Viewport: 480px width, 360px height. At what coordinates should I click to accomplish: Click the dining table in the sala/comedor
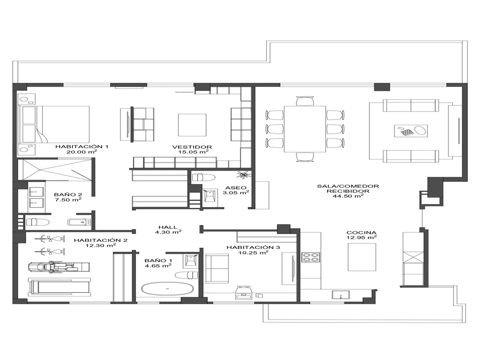(x=305, y=128)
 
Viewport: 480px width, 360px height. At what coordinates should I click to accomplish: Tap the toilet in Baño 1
(x=188, y=274)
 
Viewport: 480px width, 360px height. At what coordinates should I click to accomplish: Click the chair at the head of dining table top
(x=305, y=100)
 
